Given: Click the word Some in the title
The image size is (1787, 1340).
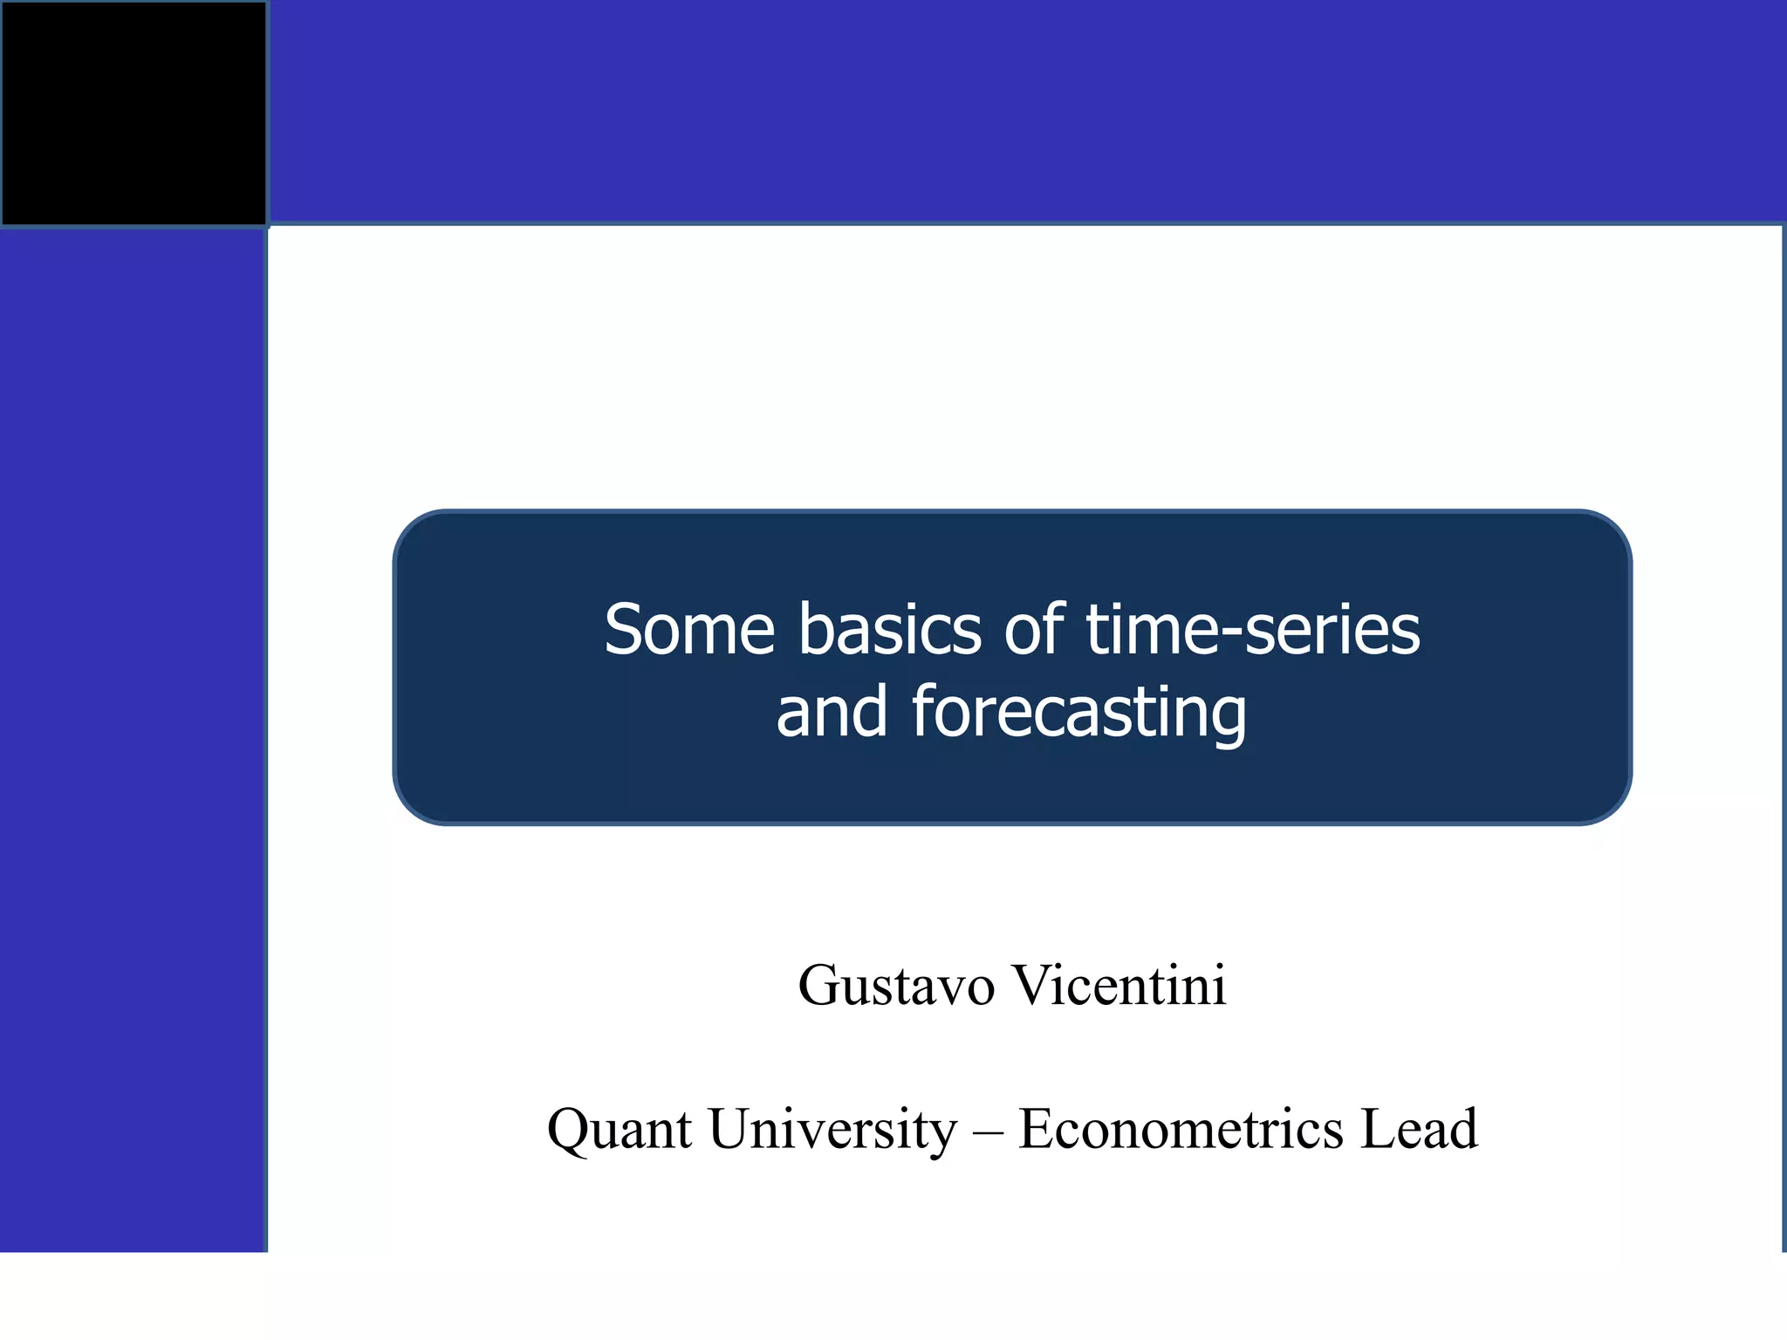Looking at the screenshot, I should click(x=689, y=630).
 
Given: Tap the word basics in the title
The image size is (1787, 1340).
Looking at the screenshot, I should click(x=889, y=630).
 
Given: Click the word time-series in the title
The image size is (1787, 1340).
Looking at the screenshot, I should click(x=1253, y=630).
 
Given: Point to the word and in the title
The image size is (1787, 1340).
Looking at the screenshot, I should click(x=832, y=712).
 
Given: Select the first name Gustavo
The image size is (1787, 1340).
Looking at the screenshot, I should click(x=896, y=987).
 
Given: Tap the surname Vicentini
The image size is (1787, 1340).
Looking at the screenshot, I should click(x=1119, y=986).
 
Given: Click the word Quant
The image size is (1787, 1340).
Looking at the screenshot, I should click(x=620, y=1130).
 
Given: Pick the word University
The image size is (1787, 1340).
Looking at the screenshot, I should click(x=832, y=1130).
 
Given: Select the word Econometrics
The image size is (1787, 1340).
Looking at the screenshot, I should click(x=1181, y=1129).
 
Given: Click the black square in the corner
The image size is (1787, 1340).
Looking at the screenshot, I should click(x=134, y=113).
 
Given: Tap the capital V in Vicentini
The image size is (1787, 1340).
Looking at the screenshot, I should click(x=1032, y=986).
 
